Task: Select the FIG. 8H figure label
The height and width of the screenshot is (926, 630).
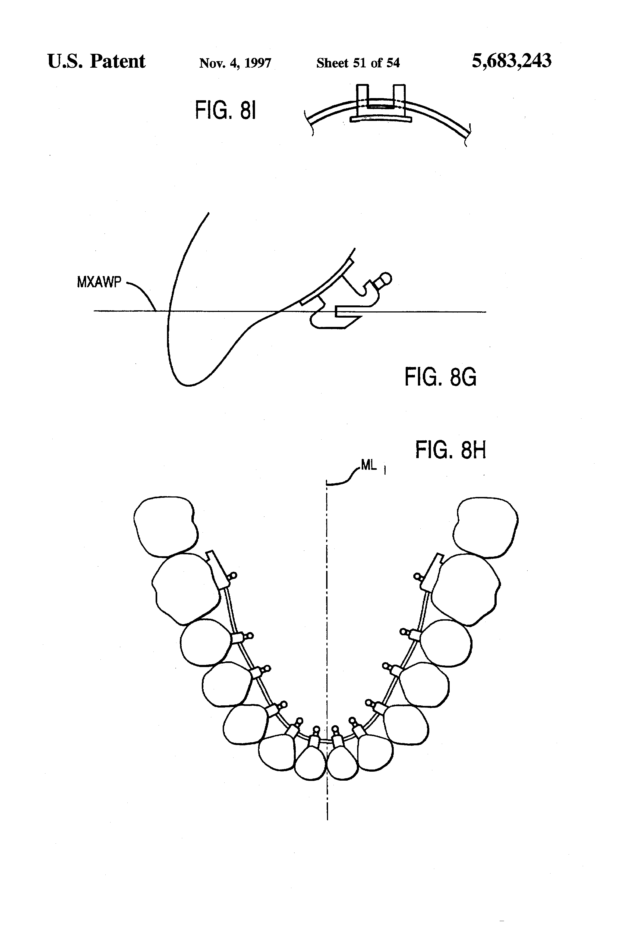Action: pyautogui.click(x=451, y=450)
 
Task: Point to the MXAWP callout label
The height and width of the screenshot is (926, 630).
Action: pyautogui.click(x=99, y=283)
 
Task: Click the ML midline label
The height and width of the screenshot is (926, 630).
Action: pyautogui.click(x=369, y=465)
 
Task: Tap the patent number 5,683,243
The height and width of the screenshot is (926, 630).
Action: pyautogui.click(x=511, y=61)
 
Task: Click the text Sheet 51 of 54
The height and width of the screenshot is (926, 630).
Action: pyautogui.click(x=358, y=63)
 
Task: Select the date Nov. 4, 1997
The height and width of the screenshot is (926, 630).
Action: pyautogui.click(x=235, y=63)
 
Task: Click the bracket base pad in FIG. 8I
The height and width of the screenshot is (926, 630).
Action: pyautogui.click(x=380, y=119)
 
